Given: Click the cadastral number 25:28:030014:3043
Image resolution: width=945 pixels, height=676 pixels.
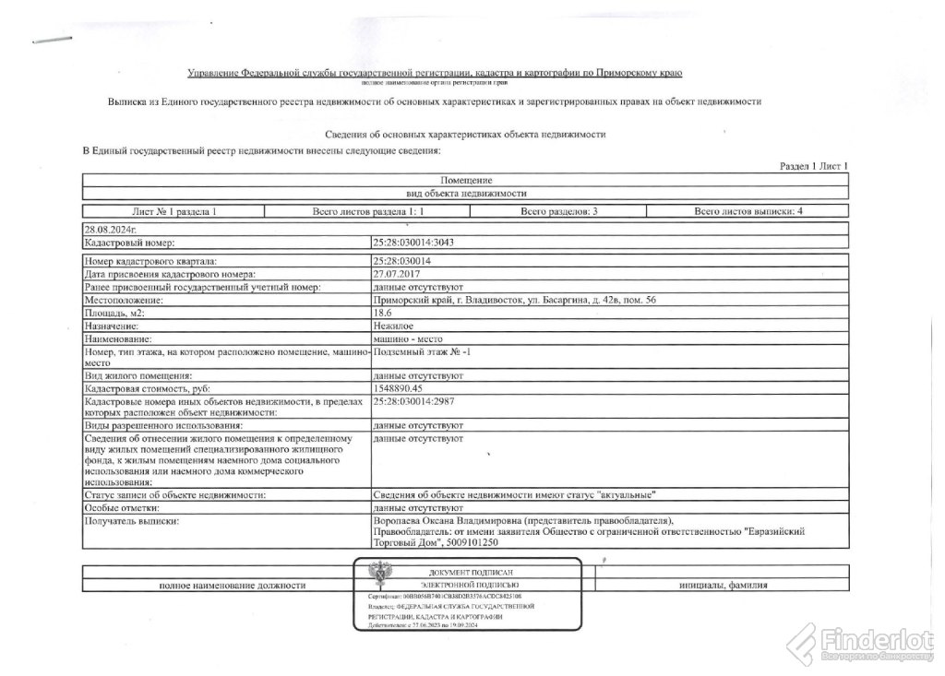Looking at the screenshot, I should click(x=413, y=242).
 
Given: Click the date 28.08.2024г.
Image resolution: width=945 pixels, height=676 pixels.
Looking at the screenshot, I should click(x=109, y=227).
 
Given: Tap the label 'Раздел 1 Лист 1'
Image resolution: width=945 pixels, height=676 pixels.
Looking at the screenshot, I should click(x=813, y=165).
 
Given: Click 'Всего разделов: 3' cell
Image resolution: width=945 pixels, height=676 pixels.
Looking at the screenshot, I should click(x=559, y=211).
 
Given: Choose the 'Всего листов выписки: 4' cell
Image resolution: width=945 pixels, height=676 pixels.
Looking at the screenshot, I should click(x=748, y=211).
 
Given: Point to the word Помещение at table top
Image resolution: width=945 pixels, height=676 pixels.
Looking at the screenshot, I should click(x=466, y=179).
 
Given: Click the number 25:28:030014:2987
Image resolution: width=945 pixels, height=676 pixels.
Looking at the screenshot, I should click(x=413, y=403).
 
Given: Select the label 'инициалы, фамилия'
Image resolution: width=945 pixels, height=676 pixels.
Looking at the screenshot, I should click(x=723, y=585).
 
